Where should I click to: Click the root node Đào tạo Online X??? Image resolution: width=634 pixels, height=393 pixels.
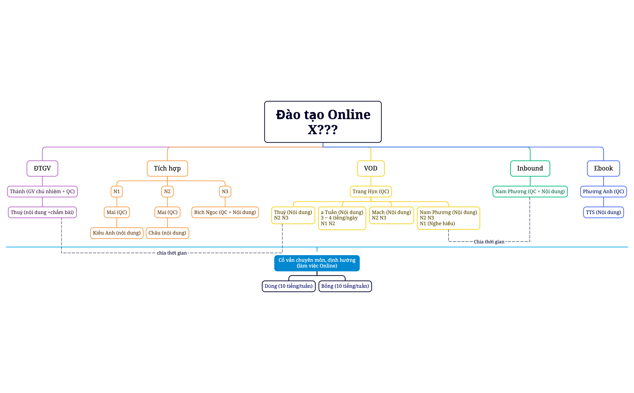pos(323,122)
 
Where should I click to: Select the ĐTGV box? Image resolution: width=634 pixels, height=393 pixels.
pos(42,168)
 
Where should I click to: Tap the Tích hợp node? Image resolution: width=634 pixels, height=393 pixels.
pos(167,168)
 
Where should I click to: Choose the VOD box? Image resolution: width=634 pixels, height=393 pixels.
pos(371,168)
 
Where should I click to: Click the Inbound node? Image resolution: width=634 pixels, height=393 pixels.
pos(530,168)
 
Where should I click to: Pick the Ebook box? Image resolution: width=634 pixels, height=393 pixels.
pos(603,168)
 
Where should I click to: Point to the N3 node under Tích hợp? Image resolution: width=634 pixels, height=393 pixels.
pos(225,191)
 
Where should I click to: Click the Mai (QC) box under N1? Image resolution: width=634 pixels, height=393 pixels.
pos(117,212)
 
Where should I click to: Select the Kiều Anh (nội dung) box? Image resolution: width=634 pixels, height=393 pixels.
pos(117,233)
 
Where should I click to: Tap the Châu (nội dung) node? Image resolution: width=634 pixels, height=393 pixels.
pos(167,233)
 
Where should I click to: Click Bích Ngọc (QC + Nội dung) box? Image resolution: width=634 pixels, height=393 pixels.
pos(225,212)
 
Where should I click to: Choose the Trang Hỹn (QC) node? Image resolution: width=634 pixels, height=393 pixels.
pos(371,191)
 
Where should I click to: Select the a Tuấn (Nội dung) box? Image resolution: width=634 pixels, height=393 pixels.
pos(342,218)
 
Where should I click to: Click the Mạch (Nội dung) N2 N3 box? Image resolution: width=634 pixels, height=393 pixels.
pos(391,215)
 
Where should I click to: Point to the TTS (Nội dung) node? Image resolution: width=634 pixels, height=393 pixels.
pos(603,212)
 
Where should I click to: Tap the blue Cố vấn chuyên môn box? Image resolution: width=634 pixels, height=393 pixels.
pos(317,263)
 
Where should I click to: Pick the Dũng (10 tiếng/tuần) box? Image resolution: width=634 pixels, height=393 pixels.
pos(288,286)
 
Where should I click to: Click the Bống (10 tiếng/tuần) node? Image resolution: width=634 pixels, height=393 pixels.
pos(345,286)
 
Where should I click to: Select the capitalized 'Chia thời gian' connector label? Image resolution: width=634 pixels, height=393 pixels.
pos(489,242)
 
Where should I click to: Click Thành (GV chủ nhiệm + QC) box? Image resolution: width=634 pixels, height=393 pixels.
pos(42,191)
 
